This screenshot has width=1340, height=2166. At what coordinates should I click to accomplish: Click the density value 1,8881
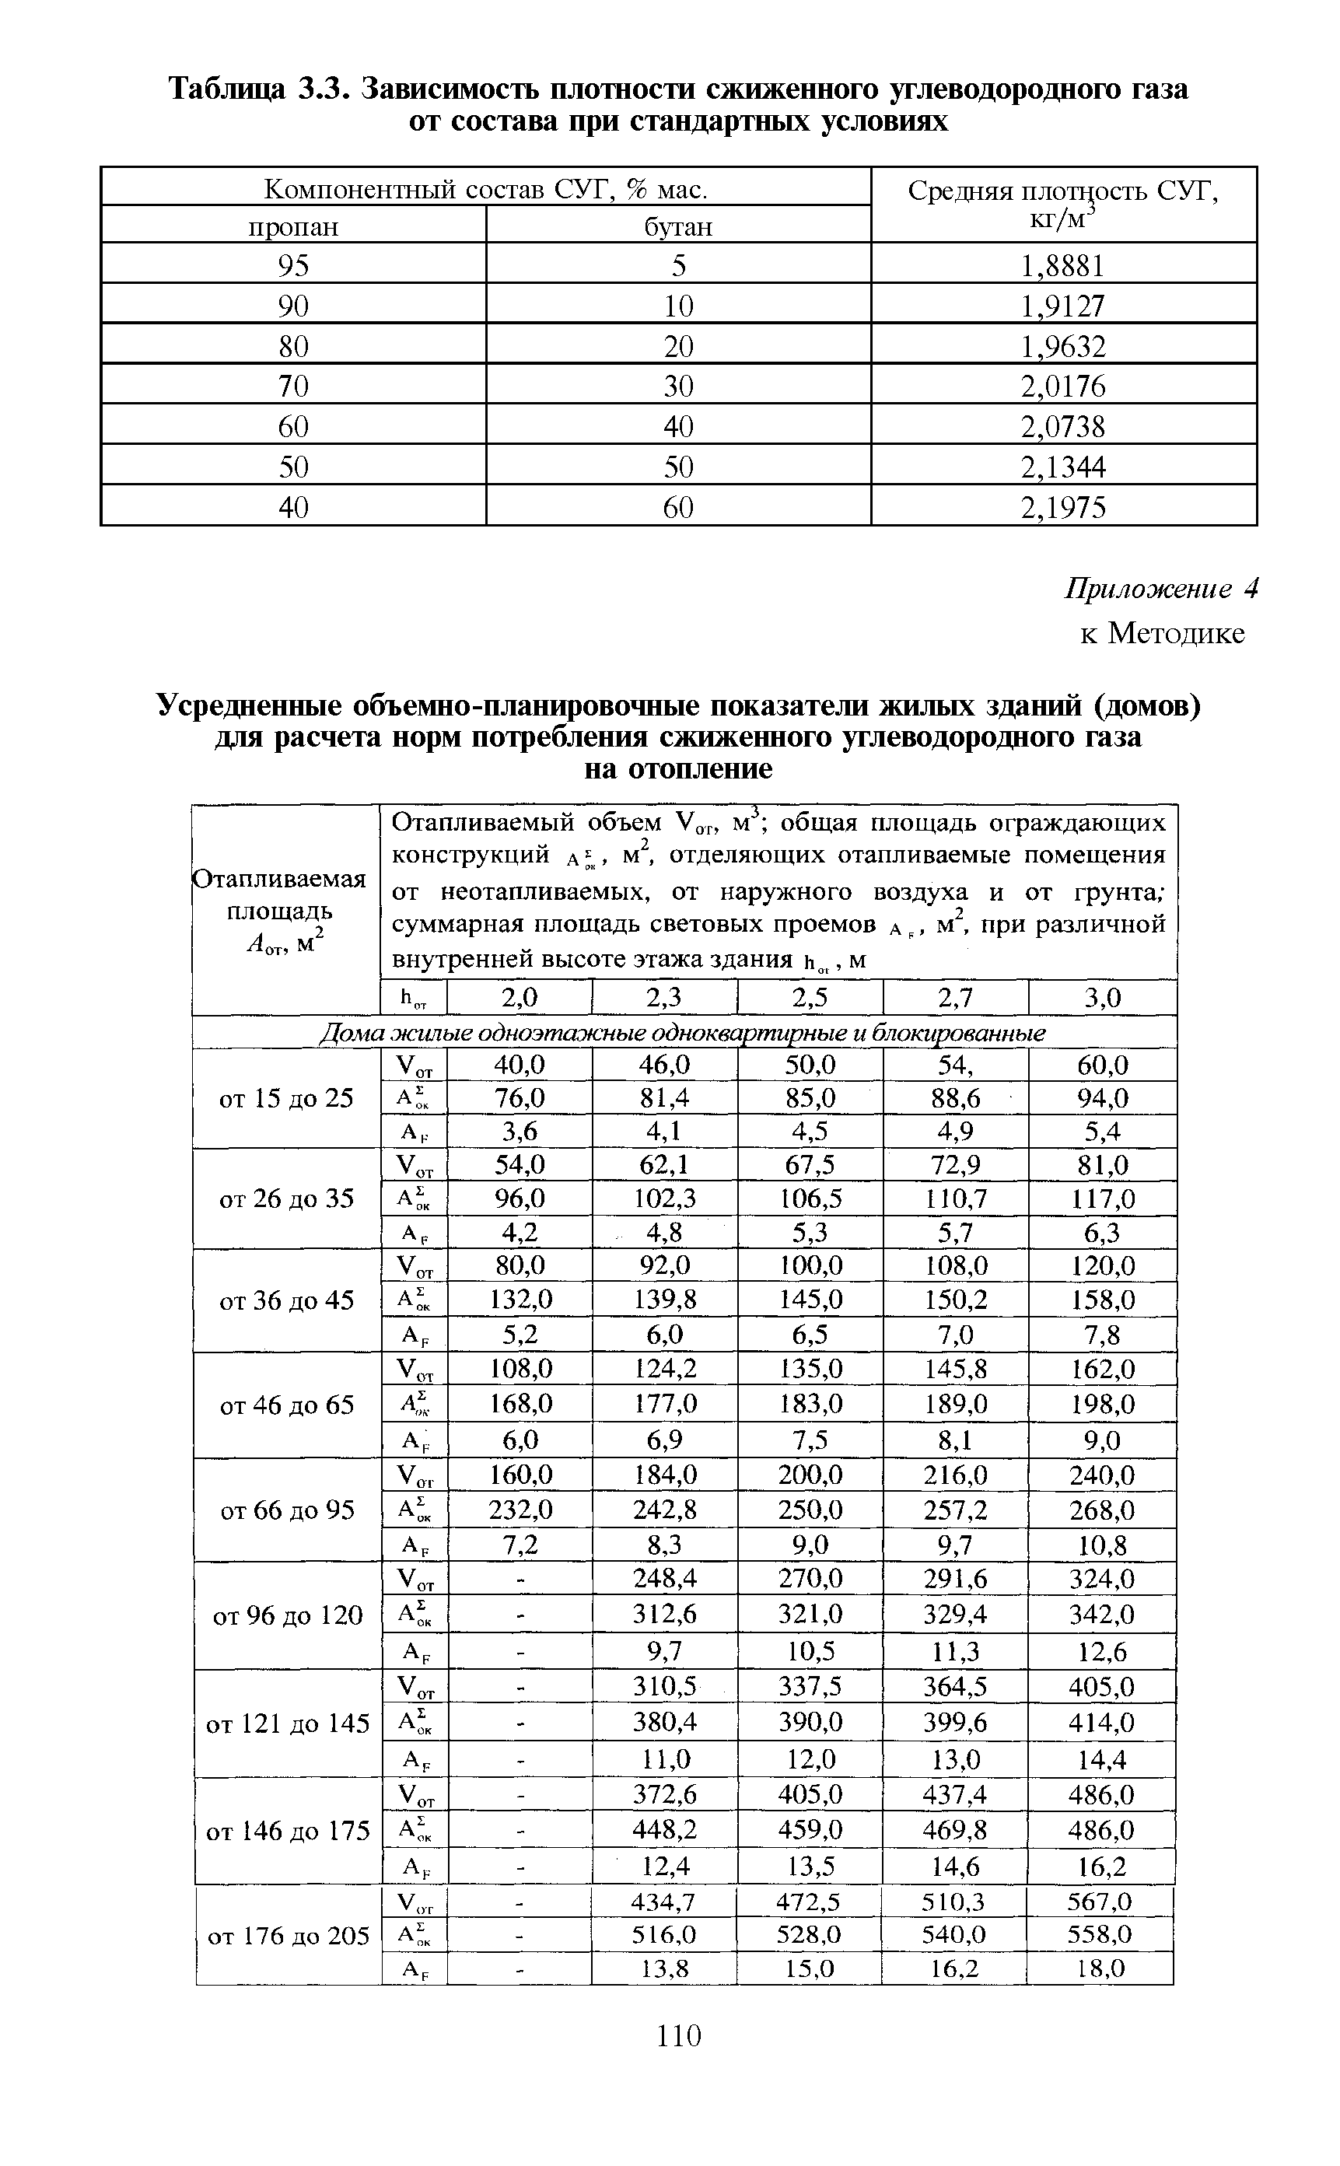point(1062,266)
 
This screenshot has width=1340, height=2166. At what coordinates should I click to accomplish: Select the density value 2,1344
point(1062,467)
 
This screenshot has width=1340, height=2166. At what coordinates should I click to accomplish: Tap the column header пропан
point(293,227)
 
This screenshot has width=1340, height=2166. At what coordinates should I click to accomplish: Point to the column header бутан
point(678,227)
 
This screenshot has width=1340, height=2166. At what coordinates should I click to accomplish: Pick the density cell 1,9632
point(1062,345)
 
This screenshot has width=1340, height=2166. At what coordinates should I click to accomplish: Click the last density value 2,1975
point(1062,508)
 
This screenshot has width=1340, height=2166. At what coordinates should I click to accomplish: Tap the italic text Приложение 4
point(1161,590)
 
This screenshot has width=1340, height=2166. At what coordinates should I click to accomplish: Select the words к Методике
point(1162,633)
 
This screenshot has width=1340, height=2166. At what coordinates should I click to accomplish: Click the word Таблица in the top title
point(227,89)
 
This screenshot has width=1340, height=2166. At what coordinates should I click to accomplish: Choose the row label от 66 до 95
point(286,1510)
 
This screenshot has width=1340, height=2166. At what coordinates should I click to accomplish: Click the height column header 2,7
point(955,998)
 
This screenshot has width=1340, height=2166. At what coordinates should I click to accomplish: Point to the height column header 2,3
point(664,998)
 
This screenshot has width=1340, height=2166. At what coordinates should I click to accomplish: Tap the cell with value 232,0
point(520,1510)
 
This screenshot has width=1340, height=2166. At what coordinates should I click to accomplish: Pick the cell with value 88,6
point(955,1099)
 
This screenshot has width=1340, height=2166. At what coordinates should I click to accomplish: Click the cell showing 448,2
point(664,1829)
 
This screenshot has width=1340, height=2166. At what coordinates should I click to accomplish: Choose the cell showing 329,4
point(955,1614)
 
